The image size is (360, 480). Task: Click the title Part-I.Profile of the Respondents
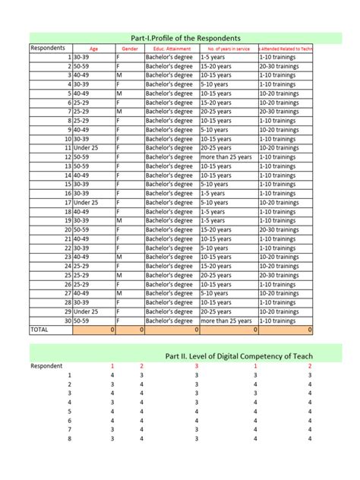pos(186,37)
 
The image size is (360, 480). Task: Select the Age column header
pos(93,49)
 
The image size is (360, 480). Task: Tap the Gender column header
pos(129,49)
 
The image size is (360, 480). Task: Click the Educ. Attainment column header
pos(171,49)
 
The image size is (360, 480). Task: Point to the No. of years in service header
pos(229,49)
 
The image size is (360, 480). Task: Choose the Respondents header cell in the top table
pos(47,48)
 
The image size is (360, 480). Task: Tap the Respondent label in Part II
pos(47,366)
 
